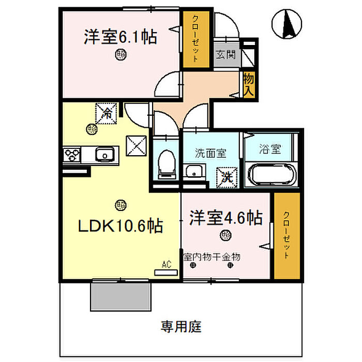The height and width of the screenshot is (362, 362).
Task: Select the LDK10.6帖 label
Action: (120, 225)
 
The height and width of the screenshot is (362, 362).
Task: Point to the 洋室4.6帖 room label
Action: (225, 218)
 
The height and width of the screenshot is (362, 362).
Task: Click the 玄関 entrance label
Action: (225, 54)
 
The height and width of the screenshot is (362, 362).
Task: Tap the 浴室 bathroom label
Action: (270, 150)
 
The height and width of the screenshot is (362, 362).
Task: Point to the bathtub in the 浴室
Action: (271, 175)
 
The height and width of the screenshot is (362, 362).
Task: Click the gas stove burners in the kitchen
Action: (72, 154)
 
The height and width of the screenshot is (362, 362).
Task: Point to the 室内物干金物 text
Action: (212, 256)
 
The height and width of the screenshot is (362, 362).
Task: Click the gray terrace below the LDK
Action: (122, 295)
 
